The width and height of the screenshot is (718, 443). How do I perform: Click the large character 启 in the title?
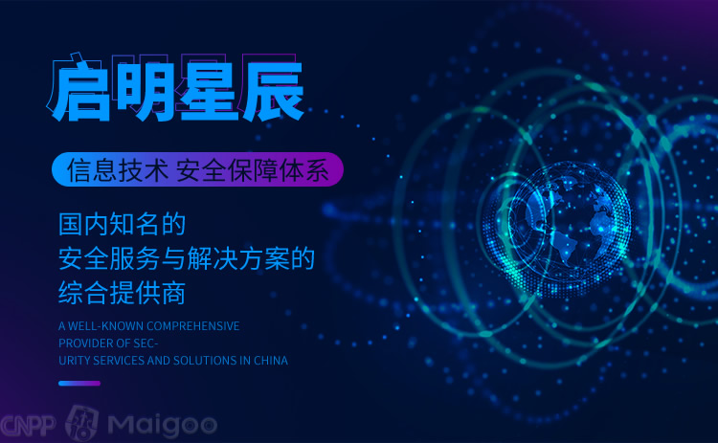(x=82, y=92)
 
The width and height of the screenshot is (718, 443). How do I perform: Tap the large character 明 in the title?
(x=146, y=92)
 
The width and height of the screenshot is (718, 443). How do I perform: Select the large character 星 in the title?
(x=209, y=92)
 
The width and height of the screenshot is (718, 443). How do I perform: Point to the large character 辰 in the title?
(x=273, y=92)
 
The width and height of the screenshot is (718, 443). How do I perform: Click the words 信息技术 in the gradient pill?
(x=118, y=170)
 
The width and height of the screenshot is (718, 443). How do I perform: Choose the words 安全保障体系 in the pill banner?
(x=253, y=170)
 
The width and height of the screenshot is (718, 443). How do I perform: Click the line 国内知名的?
(x=122, y=224)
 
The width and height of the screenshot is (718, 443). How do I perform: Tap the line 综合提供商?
(x=122, y=293)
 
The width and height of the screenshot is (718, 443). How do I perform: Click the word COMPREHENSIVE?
(x=193, y=326)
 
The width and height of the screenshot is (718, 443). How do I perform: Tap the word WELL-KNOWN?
(x=105, y=326)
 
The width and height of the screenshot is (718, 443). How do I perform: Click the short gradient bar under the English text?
(x=79, y=384)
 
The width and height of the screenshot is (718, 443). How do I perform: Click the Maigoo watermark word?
(x=163, y=426)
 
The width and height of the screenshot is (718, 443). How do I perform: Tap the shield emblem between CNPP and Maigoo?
(x=82, y=423)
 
